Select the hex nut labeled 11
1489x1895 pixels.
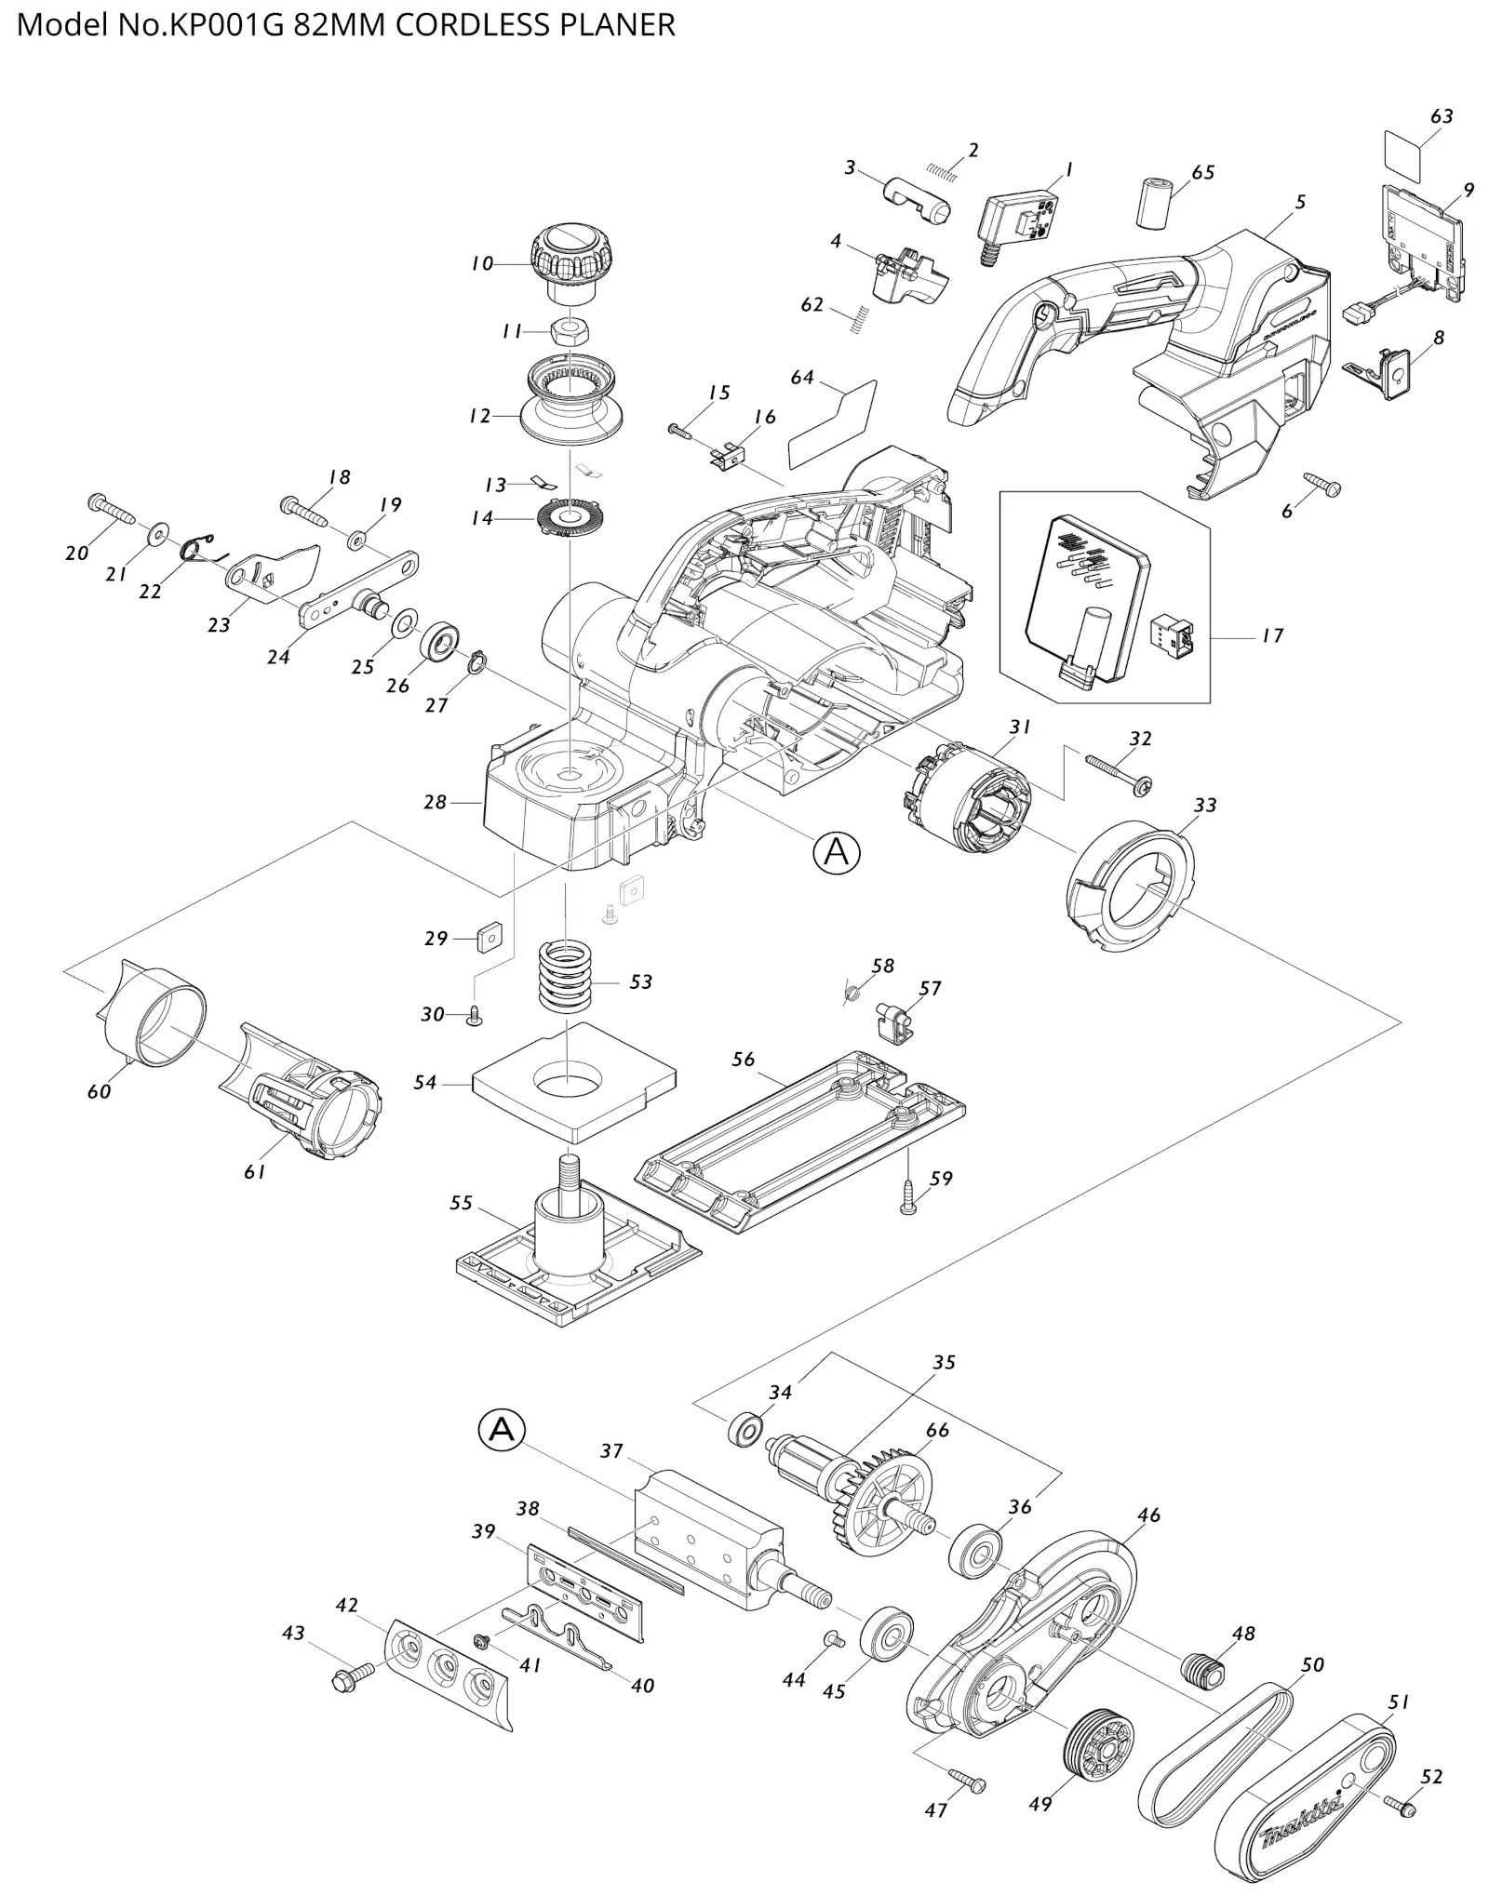[x=568, y=330]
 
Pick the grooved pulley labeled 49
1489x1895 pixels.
[x=1099, y=1746]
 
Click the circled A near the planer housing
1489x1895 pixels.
[x=837, y=852]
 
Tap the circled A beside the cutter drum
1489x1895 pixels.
[x=502, y=1430]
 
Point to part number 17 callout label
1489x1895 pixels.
[x=1272, y=636]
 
